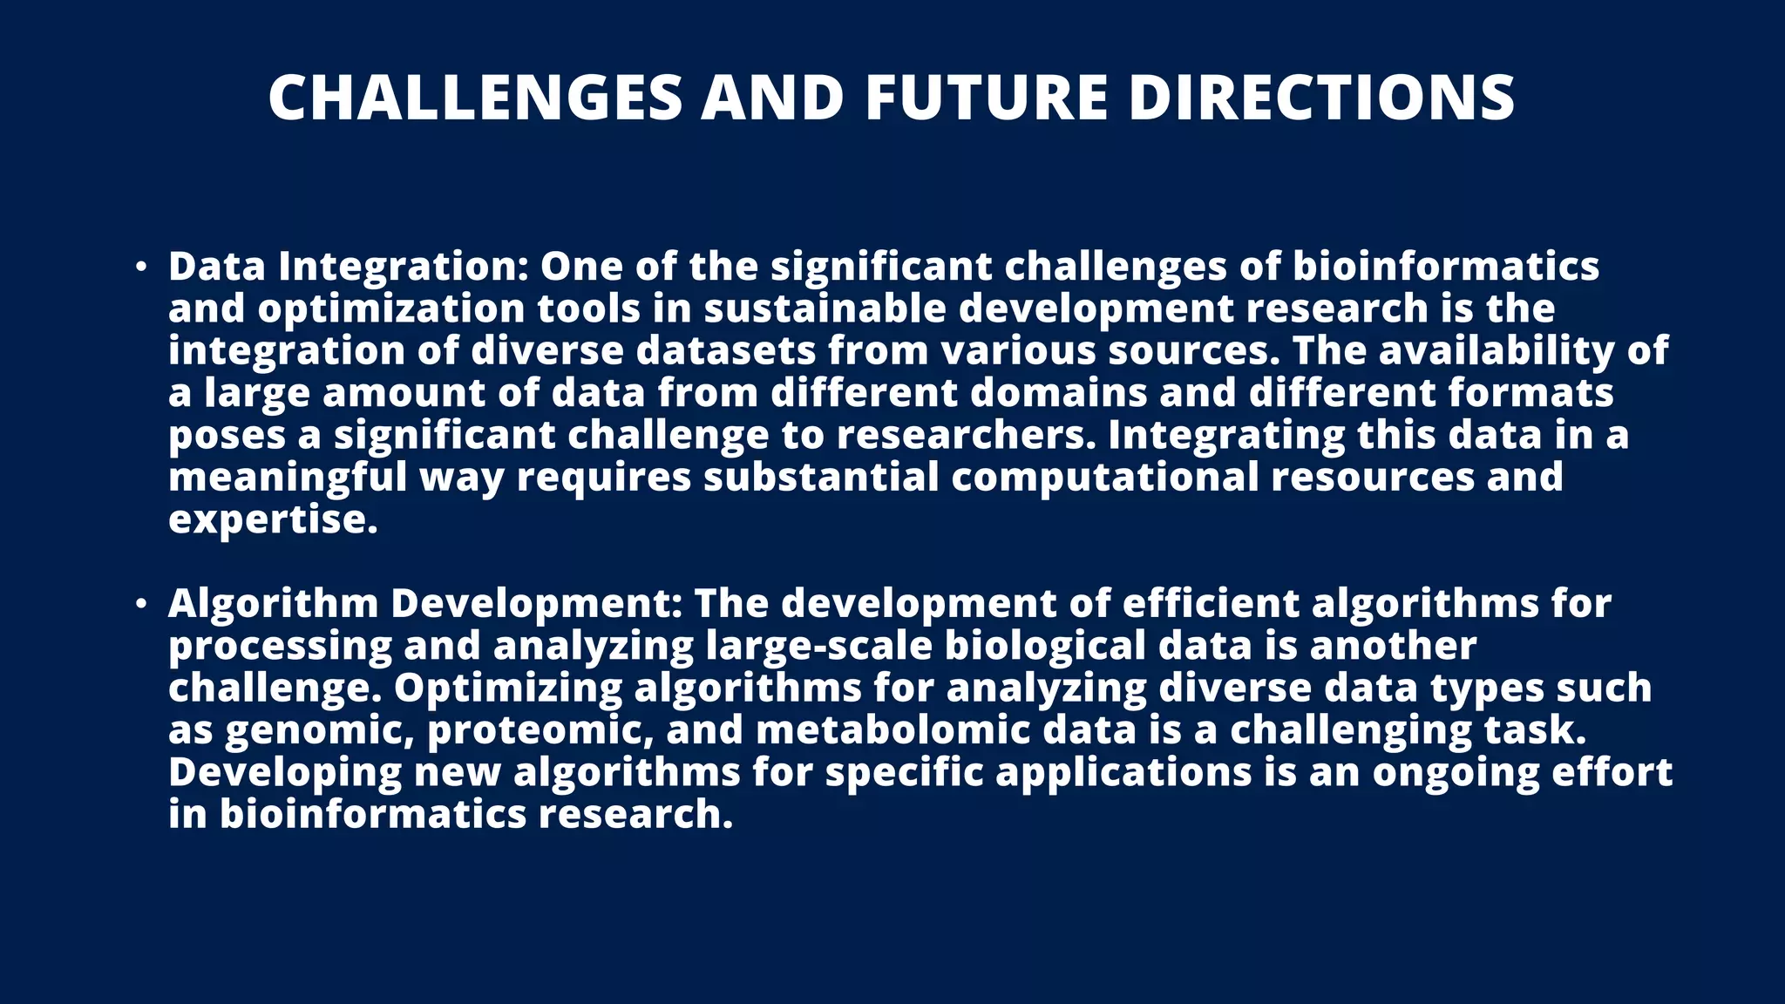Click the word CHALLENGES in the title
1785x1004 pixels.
[475, 97]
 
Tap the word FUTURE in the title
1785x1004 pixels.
[986, 97]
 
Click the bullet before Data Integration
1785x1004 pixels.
[141, 267]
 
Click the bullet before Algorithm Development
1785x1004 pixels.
[141, 604]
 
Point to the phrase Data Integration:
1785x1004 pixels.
[348, 267]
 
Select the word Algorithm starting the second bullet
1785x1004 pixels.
[273, 604]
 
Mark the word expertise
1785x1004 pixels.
[273, 520]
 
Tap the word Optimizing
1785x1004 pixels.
[507, 689]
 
